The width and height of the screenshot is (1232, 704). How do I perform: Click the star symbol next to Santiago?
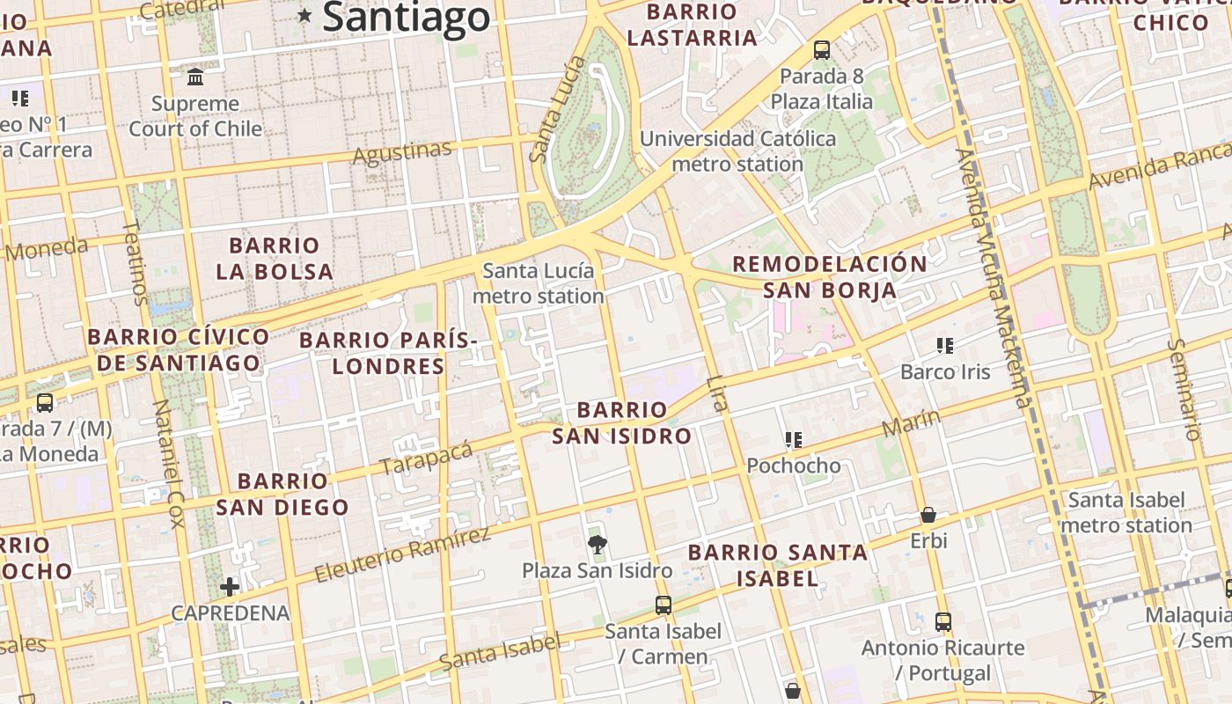pos(304,15)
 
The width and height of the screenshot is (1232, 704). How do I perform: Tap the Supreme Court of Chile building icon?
pos(195,77)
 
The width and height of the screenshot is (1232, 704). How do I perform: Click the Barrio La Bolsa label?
pos(275,258)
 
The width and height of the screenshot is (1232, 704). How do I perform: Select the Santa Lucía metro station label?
pos(538,283)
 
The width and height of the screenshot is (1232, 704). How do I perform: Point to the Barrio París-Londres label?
pos(388,352)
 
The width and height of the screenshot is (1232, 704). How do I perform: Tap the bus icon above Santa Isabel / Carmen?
pos(664,605)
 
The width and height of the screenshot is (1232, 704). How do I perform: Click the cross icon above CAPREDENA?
pos(230,587)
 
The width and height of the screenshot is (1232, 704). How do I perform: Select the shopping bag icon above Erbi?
pos(928,515)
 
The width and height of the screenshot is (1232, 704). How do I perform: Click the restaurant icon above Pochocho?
pos(794,439)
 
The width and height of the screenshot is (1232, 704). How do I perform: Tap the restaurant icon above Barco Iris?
pos(945,346)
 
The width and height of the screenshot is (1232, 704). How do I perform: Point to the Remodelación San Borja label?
pos(830,276)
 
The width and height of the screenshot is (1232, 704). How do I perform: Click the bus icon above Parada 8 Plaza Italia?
pos(822,50)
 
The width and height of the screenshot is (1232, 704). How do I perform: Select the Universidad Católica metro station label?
pos(737,151)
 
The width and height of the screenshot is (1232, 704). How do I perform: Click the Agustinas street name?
pos(402,153)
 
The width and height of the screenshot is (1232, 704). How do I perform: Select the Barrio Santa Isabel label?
pos(778,565)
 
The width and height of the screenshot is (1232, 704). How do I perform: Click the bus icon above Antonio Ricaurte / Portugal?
pos(943,622)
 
